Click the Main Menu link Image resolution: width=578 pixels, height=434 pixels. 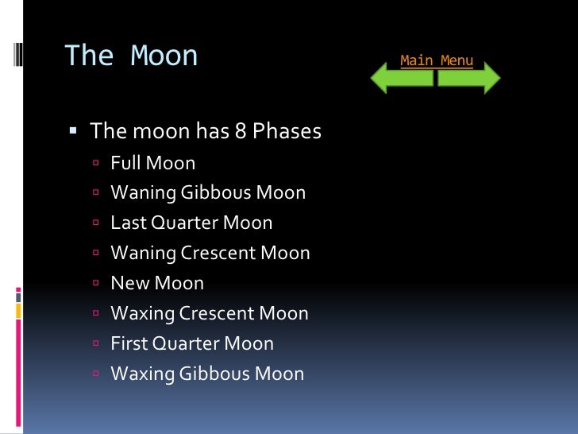[436, 60]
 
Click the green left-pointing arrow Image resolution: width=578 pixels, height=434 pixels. [401, 79]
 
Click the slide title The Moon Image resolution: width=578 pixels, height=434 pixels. [131, 56]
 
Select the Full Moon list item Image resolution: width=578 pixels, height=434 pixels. [152, 163]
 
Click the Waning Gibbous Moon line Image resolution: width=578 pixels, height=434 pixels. [208, 193]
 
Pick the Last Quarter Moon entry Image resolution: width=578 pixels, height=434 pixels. [191, 223]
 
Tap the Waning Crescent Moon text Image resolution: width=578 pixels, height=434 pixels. [210, 254]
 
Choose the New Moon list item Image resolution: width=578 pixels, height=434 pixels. [157, 284]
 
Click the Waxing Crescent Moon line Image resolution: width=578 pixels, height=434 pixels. [210, 314]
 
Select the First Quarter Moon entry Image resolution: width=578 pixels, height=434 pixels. [192, 344]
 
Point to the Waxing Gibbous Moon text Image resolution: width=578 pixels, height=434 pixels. [207, 374]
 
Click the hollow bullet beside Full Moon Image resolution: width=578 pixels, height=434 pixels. [94, 164]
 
